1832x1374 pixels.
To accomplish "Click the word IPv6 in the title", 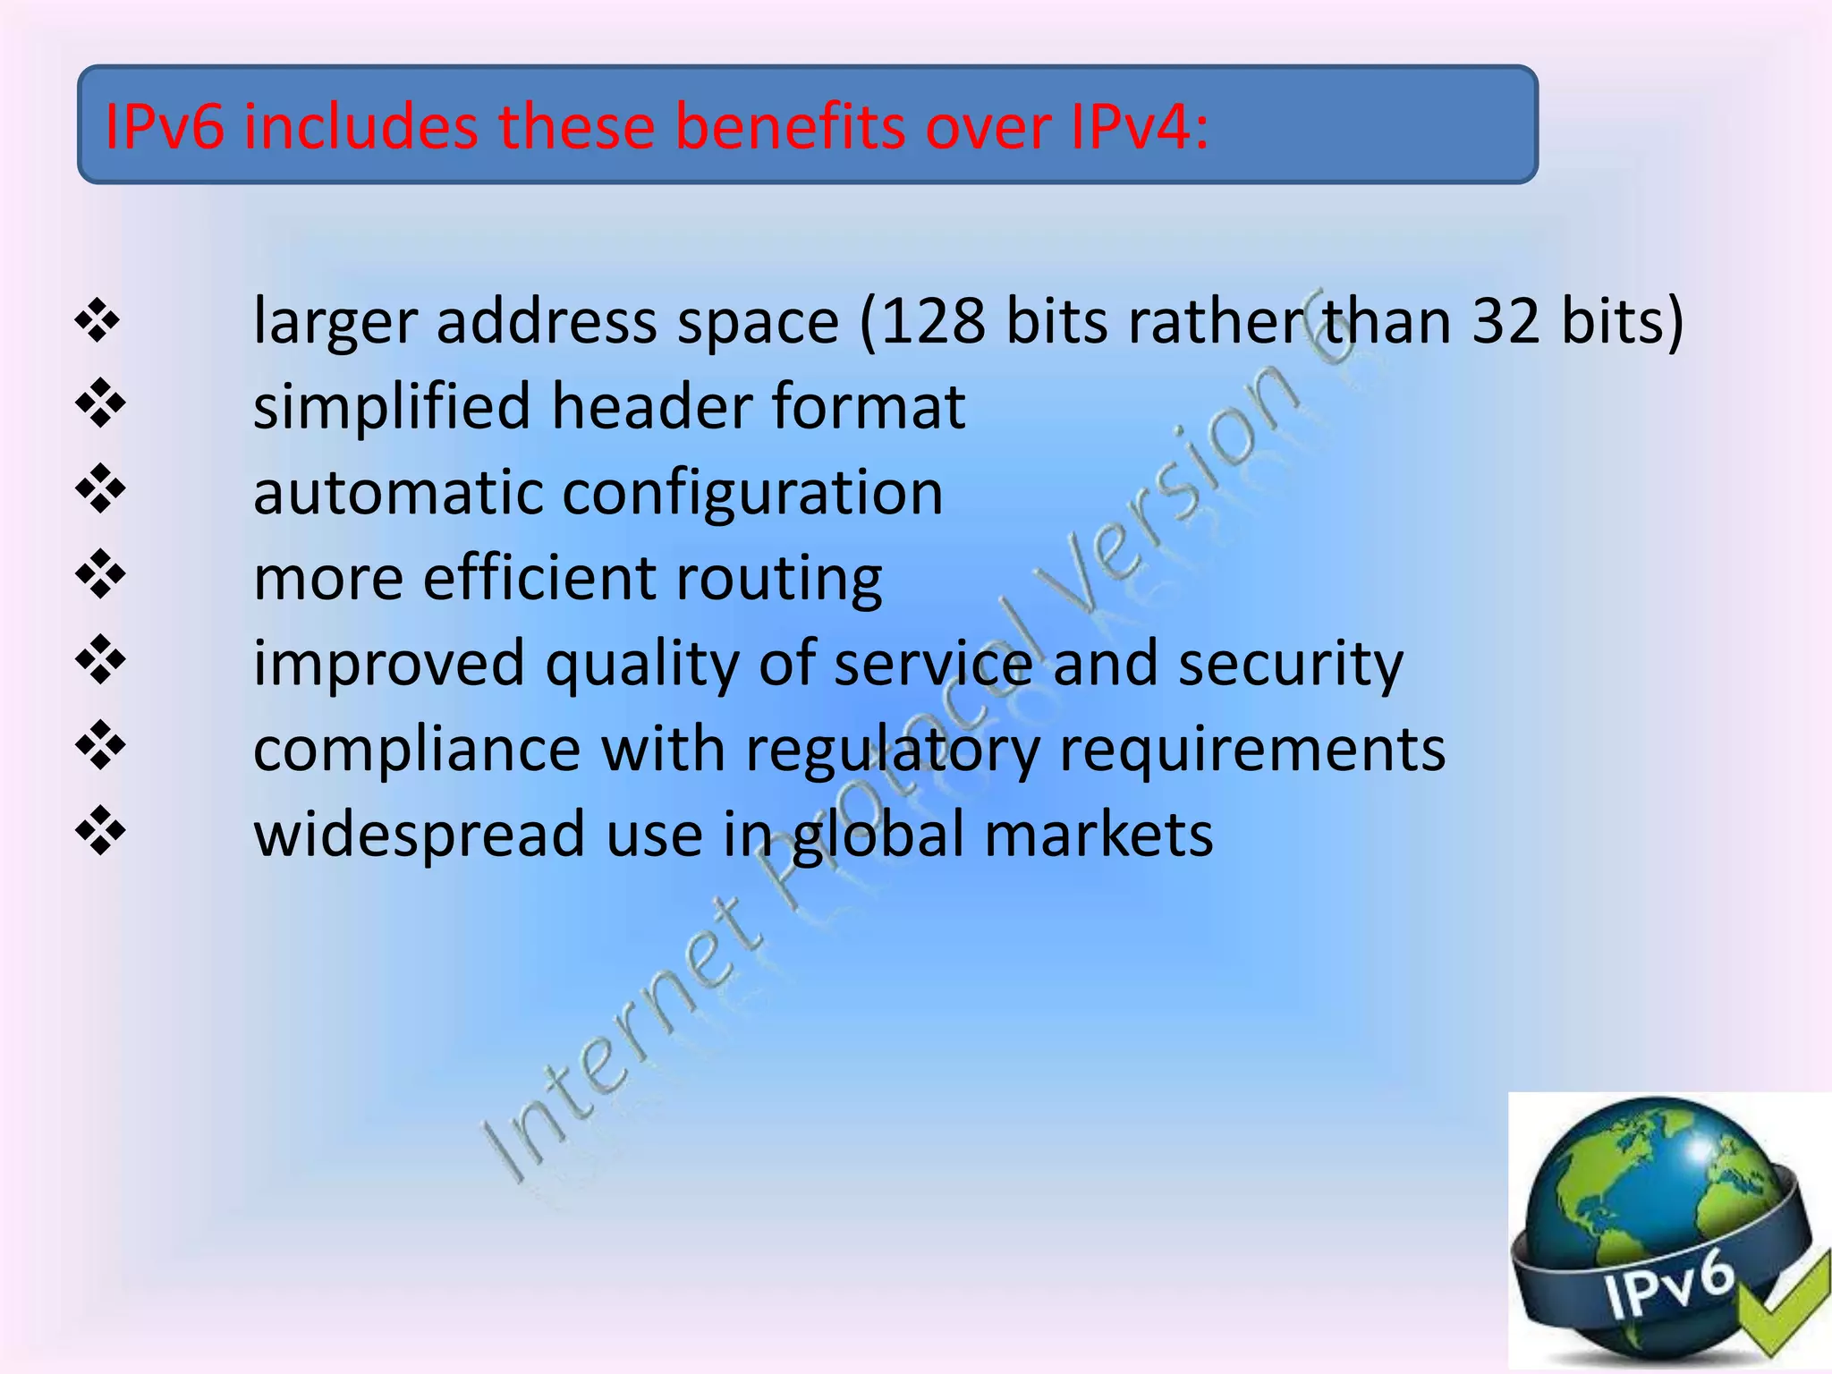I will pyautogui.click(x=165, y=126).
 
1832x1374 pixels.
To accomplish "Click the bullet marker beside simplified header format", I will pyautogui.click(x=99, y=403).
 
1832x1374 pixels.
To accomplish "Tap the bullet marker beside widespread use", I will pyautogui.click(x=99, y=831).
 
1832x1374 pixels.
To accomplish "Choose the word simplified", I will pyautogui.click(x=392, y=408).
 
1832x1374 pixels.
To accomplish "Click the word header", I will pyautogui.click(x=651, y=406).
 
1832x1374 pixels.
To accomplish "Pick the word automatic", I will pyautogui.click(x=397, y=492).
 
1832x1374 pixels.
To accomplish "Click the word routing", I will pyautogui.click(x=778, y=580).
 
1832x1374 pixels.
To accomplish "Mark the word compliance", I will pyautogui.click(x=416, y=750).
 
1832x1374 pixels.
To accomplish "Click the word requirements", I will pyautogui.click(x=1251, y=750).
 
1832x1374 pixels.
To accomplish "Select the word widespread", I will pyautogui.click(x=419, y=834).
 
